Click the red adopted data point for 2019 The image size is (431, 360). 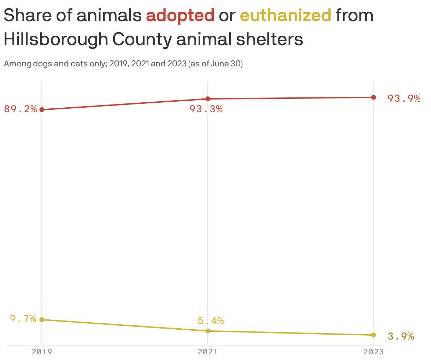pos(42,109)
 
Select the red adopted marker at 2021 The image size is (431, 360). pos(208,99)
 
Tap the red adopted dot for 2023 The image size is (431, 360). pos(373,97)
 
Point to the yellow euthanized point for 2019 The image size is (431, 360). pos(42,319)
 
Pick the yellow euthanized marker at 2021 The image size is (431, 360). pos(208,331)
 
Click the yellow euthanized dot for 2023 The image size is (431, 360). pos(373,335)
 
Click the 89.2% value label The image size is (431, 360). pos(20,109)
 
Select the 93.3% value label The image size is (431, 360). pos(206,109)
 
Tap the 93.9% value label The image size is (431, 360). pos(404,98)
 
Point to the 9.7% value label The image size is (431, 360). pos(23,319)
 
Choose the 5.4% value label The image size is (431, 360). pos(211,320)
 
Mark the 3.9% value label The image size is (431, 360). pos(401,336)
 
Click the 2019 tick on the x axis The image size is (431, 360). pos(42,352)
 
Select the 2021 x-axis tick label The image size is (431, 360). pos(208,352)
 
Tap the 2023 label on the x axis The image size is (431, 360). pos(373,352)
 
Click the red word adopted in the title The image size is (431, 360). pos(180,16)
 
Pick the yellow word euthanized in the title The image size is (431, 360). pos(285,16)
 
